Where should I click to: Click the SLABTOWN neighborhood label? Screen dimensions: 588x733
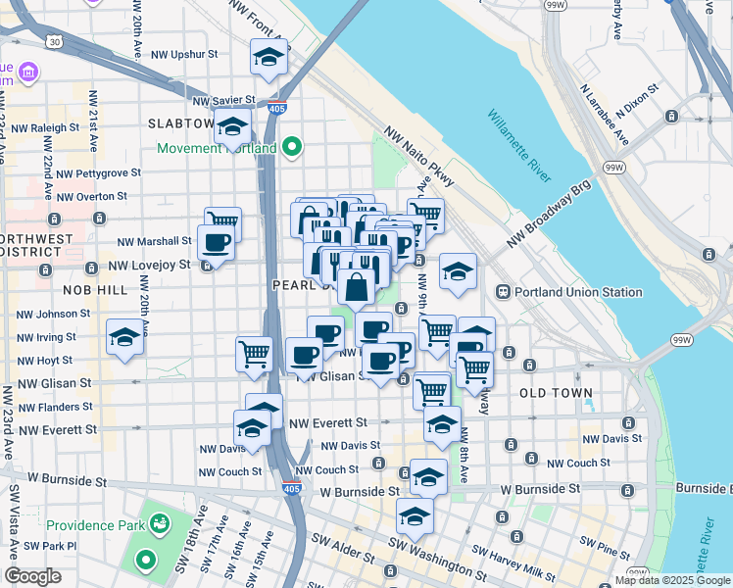pos(180,123)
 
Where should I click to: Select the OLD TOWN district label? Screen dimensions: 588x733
pos(556,393)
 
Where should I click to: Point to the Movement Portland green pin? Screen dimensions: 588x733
pos(291,149)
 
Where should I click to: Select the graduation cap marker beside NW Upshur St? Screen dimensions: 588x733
pos(268,59)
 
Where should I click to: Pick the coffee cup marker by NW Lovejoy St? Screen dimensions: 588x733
pos(216,243)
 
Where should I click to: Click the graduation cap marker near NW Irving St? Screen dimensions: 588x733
pos(125,338)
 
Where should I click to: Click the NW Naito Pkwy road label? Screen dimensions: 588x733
pos(419,158)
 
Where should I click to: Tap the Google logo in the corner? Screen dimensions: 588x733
pos(33,576)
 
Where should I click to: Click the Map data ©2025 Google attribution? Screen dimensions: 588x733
pos(671,580)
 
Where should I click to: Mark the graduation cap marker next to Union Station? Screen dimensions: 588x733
pos(458,273)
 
